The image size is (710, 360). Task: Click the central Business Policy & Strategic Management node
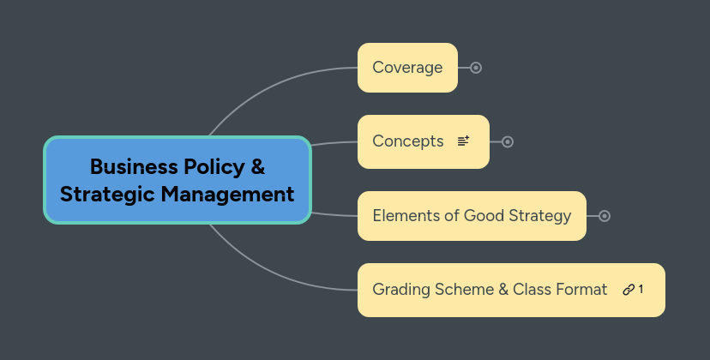[177, 180]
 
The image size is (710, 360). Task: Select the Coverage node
[407, 68]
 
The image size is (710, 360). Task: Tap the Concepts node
[408, 141]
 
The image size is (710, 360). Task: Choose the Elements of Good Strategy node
[472, 216]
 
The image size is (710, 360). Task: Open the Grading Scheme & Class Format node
[490, 290]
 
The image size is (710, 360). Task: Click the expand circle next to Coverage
[476, 68]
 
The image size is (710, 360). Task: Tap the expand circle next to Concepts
[508, 141]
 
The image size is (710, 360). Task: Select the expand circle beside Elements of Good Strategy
[605, 216]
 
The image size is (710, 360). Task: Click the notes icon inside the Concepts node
[464, 141]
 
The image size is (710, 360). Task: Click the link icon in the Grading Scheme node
[629, 290]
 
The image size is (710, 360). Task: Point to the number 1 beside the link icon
[641, 290]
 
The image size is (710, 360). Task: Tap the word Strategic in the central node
[107, 195]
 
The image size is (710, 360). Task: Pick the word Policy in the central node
[212, 166]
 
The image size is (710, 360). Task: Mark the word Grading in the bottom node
[400, 290]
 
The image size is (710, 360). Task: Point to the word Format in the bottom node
[582, 290]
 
